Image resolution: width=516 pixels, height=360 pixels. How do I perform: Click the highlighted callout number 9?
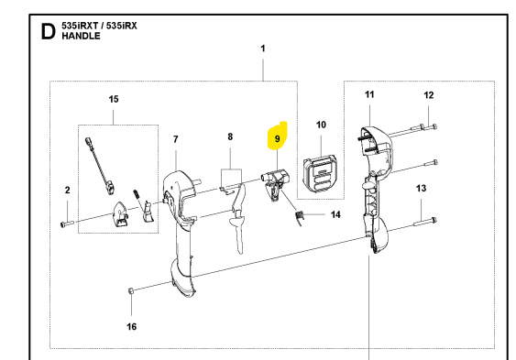[x=276, y=138]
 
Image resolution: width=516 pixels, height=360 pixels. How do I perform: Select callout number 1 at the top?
[x=262, y=48]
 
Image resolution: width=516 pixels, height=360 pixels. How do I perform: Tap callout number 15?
[x=114, y=98]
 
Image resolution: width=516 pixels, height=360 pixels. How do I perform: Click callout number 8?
[x=230, y=136]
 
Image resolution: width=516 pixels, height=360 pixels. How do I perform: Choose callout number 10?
[x=321, y=125]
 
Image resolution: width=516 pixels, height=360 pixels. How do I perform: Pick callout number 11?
[x=369, y=95]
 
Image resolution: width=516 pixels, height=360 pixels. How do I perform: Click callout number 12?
[x=428, y=95]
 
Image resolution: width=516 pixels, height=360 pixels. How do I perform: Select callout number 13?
[x=422, y=188]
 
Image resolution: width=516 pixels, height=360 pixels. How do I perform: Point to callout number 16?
[x=131, y=325]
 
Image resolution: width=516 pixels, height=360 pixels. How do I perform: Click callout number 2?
[x=67, y=191]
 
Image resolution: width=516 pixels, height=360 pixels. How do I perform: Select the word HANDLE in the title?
[x=82, y=42]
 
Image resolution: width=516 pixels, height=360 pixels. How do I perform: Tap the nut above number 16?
[x=131, y=291]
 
